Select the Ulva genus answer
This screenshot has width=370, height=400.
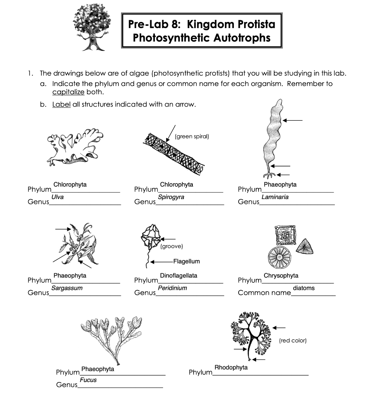pos(57,197)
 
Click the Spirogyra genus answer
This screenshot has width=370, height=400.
pos(171,197)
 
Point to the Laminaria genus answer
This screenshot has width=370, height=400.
pos(275,197)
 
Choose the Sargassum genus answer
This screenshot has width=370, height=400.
pos(67,288)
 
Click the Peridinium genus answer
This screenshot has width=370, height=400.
pos(172,288)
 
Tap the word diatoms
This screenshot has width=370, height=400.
pos(304,288)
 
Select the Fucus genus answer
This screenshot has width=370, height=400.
pos(88,380)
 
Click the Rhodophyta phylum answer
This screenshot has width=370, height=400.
pos(231,368)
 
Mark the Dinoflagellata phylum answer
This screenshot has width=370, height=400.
pos(178,276)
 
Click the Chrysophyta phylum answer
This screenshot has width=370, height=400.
pos(281,276)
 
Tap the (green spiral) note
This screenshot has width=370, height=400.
pos(192,136)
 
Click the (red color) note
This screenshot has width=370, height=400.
pos(293,341)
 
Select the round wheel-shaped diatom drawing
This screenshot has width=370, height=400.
pos(280,257)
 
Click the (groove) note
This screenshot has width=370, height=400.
pos(172,246)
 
